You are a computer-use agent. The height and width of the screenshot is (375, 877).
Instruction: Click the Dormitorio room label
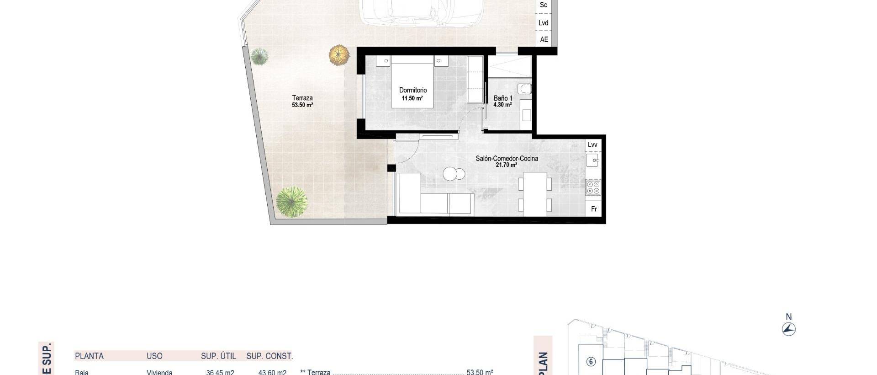pyautogui.click(x=413, y=90)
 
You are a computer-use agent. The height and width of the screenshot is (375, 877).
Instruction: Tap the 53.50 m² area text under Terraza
pyautogui.click(x=302, y=105)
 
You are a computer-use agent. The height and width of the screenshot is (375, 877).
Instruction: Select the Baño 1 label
pyautogui.click(x=503, y=98)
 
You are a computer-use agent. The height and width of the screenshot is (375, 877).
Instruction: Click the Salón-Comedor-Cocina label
pyautogui.click(x=507, y=158)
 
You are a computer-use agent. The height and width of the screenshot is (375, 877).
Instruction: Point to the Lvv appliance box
pyautogui.click(x=592, y=145)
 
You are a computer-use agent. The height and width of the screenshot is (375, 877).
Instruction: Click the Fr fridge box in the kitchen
pyautogui.click(x=594, y=209)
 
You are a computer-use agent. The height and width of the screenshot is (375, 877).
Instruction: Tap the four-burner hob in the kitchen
pyautogui.click(x=593, y=187)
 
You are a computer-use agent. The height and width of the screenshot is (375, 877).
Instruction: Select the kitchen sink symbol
pyautogui.click(x=592, y=161)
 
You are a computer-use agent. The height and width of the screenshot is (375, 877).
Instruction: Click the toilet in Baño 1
pyautogui.click(x=525, y=89)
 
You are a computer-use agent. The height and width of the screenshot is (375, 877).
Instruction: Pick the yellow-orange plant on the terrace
pyautogui.click(x=339, y=55)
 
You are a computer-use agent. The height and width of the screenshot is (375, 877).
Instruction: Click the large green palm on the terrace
pyautogui.click(x=291, y=202)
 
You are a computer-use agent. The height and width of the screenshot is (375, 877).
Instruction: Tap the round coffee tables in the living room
pyautogui.click(x=454, y=174)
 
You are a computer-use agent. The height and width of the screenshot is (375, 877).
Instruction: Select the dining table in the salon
pyautogui.click(x=535, y=194)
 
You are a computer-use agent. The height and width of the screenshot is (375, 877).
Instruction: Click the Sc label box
pyautogui.click(x=544, y=5)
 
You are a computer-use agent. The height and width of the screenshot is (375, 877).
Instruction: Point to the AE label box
pyautogui.click(x=544, y=39)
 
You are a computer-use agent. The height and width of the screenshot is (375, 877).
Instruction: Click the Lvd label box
pyautogui.click(x=544, y=23)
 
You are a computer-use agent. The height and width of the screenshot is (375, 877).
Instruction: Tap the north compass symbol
pyautogui.click(x=788, y=328)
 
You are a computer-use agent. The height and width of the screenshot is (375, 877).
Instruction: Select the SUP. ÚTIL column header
pyautogui.click(x=218, y=356)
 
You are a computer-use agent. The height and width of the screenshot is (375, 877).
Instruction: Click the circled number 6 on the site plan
pyautogui.click(x=591, y=362)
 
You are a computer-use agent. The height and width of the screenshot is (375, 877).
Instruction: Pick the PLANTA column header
pyautogui.click(x=89, y=356)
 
